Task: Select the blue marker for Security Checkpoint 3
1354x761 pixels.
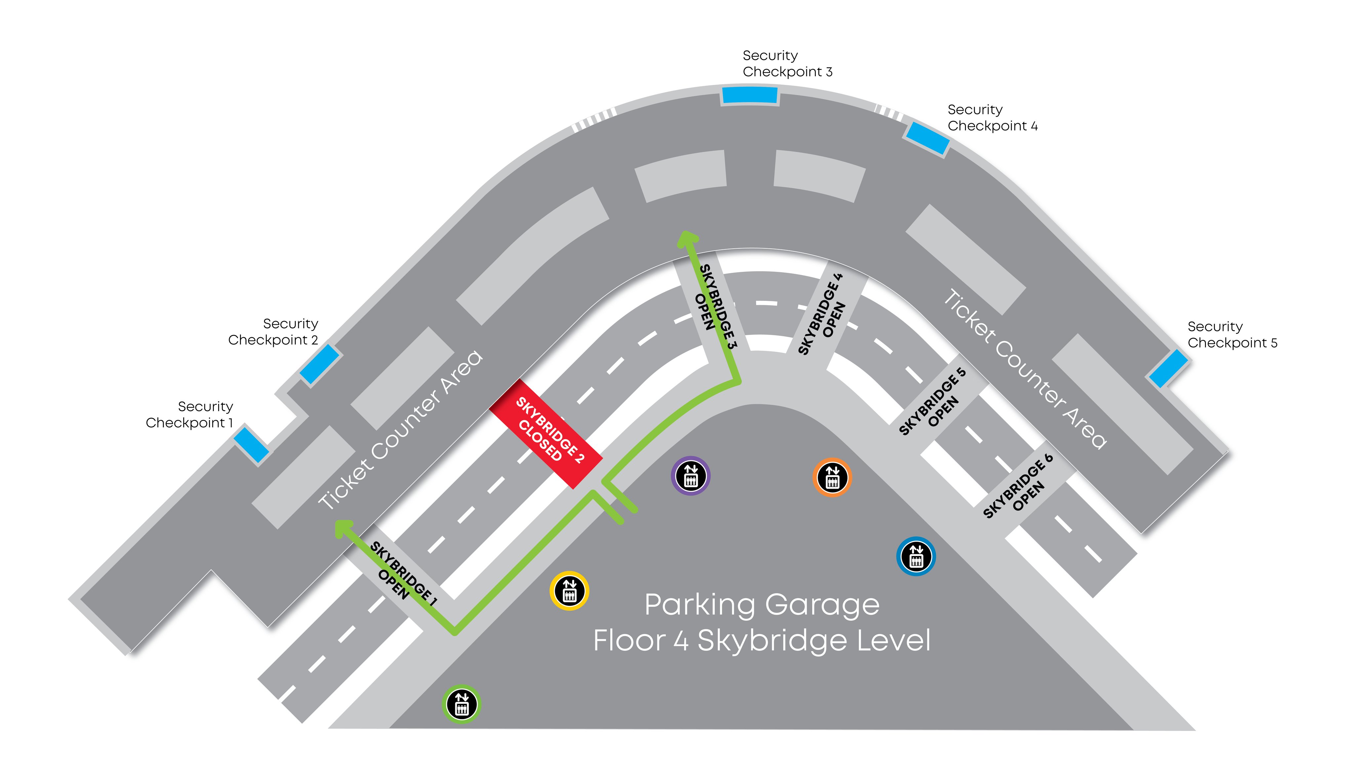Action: tap(749, 95)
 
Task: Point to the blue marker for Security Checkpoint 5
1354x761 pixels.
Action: tap(1168, 368)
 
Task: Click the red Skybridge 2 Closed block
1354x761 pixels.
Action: tap(545, 434)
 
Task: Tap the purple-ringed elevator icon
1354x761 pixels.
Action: tap(691, 476)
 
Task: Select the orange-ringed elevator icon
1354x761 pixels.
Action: tap(832, 477)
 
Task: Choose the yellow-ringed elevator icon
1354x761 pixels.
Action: tap(569, 591)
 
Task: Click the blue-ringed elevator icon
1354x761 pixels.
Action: tap(916, 556)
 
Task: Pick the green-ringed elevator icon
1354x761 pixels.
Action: tap(461, 704)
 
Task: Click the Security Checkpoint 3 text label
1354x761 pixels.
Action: tap(787, 63)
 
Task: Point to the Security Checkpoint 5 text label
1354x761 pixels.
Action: tap(1232, 335)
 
